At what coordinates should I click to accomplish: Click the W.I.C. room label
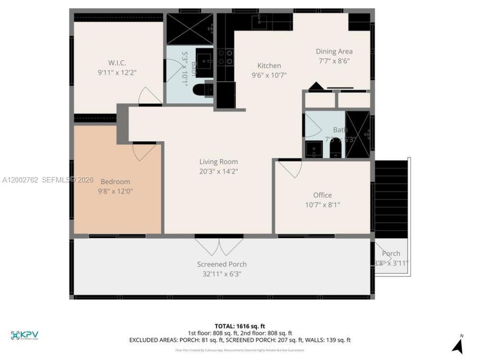[117, 63]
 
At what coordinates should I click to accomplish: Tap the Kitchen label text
[269, 66]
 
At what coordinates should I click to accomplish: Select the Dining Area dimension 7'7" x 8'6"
[334, 60]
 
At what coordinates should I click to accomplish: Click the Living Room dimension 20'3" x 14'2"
[218, 171]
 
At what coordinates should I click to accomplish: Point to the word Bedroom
[115, 181]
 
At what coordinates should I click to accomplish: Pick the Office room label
[322, 195]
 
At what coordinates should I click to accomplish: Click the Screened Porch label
[222, 264]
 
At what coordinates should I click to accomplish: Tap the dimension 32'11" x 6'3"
[222, 274]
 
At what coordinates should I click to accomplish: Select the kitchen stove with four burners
[225, 57]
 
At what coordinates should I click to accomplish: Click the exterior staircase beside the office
[391, 199]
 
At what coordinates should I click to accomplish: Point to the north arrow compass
[458, 345]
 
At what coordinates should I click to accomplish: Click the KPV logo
[24, 335]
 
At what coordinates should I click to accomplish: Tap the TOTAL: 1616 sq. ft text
[240, 326]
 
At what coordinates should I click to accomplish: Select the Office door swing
[291, 169]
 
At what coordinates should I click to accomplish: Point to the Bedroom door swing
[143, 151]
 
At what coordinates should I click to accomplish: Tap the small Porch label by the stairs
[391, 254]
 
